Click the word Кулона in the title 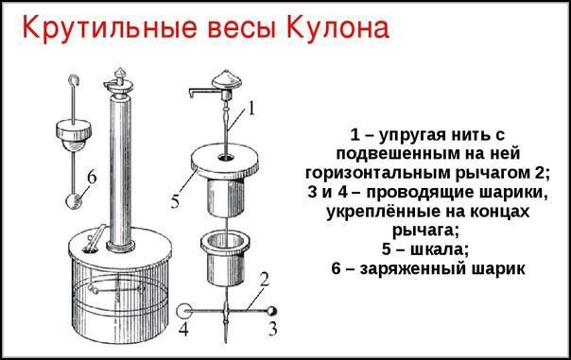[x=337, y=28]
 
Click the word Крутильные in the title [x=110, y=29]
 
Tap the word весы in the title [x=242, y=30]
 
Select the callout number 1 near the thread [x=251, y=108]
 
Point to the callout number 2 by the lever [x=265, y=280]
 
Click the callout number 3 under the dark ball [x=272, y=329]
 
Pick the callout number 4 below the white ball [x=183, y=330]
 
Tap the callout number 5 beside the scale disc [x=176, y=202]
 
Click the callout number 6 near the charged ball [x=92, y=178]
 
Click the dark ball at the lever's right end [x=271, y=311]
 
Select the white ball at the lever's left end [x=184, y=311]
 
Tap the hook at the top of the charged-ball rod [x=74, y=81]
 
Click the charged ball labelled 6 [x=74, y=201]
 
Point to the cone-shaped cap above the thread [x=227, y=78]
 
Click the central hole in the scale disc [x=227, y=158]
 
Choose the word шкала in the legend [x=440, y=249]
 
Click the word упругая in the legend [x=412, y=135]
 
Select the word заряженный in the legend [x=413, y=269]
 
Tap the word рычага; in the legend [x=426, y=231]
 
